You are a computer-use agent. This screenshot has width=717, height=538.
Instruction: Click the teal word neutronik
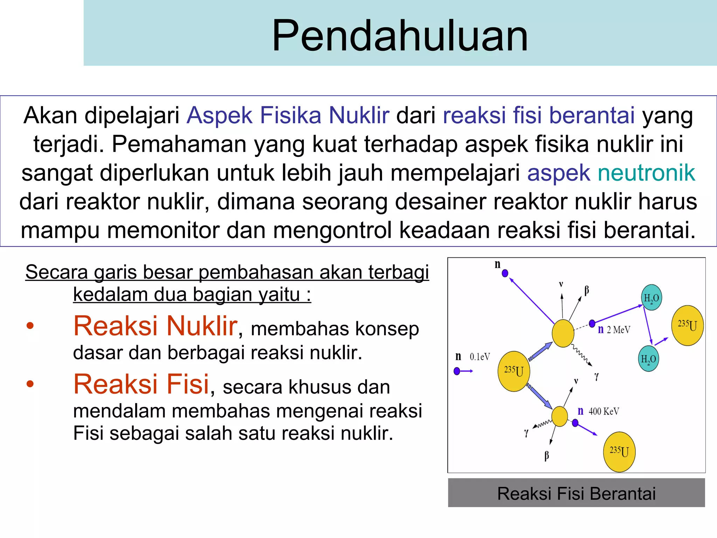coord(646,173)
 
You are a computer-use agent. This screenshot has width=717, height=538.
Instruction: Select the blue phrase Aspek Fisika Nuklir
coord(288,116)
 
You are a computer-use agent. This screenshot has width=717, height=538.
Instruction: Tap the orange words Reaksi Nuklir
coord(155,326)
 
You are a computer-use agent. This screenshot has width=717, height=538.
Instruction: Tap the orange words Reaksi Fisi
coord(141,384)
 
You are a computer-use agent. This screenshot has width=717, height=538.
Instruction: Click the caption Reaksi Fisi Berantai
coord(576,494)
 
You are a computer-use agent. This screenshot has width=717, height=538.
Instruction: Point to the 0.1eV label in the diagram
coord(480,357)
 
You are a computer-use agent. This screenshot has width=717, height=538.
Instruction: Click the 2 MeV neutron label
coord(618,330)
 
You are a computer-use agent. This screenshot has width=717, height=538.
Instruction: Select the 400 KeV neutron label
coord(604,411)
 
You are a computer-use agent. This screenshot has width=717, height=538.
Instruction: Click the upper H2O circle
coord(651,298)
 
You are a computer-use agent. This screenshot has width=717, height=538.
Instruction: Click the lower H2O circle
coord(648,359)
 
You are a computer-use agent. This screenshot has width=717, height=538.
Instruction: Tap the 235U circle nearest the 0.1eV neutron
coord(514,371)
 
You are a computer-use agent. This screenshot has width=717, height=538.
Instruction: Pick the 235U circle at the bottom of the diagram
coord(619,451)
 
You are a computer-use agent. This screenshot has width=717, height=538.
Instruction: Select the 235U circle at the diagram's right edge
coord(687,325)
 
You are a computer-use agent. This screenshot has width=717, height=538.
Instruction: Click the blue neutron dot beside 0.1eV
coord(457,371)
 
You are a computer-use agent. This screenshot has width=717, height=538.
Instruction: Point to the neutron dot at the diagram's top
coord(505,273)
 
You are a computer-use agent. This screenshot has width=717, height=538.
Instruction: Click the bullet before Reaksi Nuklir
coord(30,326)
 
